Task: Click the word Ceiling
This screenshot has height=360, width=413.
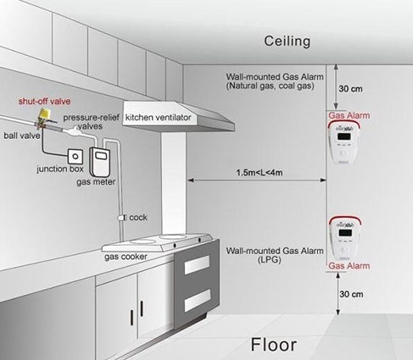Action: click(287, 42)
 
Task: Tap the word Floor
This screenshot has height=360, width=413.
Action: click(274, 345)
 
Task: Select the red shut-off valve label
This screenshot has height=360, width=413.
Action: click(44, 101)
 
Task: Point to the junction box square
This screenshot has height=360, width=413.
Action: click(75, 156)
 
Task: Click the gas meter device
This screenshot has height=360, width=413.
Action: click(100, 161)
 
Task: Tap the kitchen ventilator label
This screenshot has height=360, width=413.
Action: click(159, 118)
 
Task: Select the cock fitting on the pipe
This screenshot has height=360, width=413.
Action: click(121, 218)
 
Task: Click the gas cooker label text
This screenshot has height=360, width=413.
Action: click(126, 257)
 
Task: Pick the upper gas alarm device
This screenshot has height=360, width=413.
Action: click(343, 141)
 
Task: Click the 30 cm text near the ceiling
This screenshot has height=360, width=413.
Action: click(350, 89)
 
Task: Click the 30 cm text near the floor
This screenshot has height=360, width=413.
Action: click(351, 294)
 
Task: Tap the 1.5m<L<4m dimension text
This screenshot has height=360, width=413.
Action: click(260, 173)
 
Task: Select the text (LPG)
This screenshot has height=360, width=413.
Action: click(269, 260)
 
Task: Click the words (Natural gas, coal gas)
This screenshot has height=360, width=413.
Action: click(270, 86)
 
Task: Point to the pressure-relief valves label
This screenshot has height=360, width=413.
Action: click(91, 121)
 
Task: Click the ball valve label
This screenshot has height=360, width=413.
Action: click(22, 136)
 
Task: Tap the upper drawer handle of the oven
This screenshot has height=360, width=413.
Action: click(197, 265)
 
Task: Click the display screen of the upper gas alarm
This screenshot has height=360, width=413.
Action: click(344, 136)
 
